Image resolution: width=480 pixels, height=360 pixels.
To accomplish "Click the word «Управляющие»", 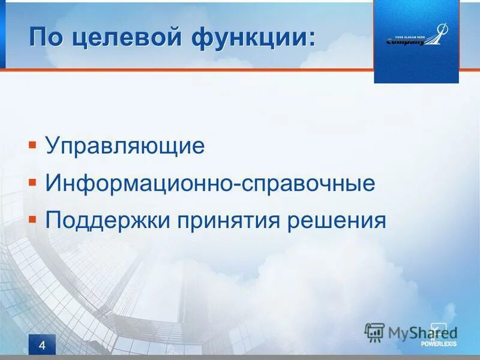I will (x=125, y=146).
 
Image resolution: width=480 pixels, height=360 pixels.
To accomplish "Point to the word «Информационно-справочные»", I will (x=210, y=183).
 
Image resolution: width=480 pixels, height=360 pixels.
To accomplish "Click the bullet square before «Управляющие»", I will (x=32, y=145).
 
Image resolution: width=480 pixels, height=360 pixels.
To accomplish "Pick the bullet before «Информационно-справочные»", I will (x=32, y=182).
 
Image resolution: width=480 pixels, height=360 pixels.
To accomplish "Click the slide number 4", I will (x=41, y=345).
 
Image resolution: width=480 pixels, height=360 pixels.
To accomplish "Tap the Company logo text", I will (x=406, y=42).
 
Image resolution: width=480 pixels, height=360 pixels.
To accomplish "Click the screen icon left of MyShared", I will (x=374, y=332).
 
